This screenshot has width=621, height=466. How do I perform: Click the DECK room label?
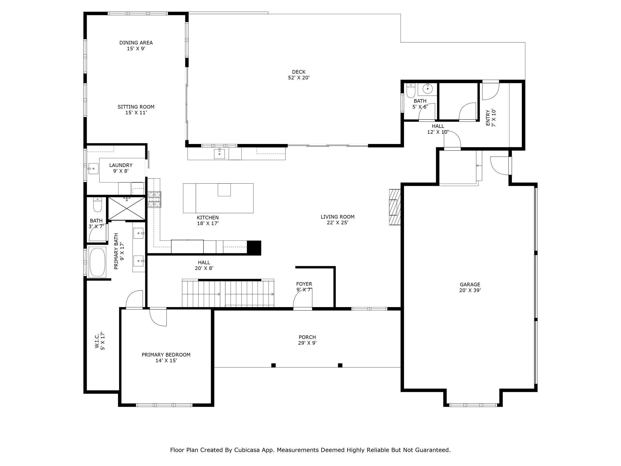(299, 75)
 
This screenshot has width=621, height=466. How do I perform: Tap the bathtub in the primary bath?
(97, 262)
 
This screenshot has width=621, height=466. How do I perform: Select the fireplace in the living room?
(394, 207)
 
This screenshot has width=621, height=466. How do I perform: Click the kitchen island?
(218, 198)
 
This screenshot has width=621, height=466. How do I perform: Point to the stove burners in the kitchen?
(154, 199)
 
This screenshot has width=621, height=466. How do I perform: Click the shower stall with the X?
(127, 209)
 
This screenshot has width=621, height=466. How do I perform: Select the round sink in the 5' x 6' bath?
(428, 89)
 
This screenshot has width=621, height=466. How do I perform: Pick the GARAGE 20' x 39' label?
(470, 287)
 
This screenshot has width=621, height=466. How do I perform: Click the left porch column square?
(273, 365)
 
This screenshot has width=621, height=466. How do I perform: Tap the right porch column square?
(340, 365)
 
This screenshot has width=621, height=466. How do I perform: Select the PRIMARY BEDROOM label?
(166, 358)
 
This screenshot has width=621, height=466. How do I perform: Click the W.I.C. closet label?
(100, 341)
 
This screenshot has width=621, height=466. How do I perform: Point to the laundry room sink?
(93, 168)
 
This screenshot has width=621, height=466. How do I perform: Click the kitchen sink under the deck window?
(219, 154)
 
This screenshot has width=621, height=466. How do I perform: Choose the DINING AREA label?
(136, 45)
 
